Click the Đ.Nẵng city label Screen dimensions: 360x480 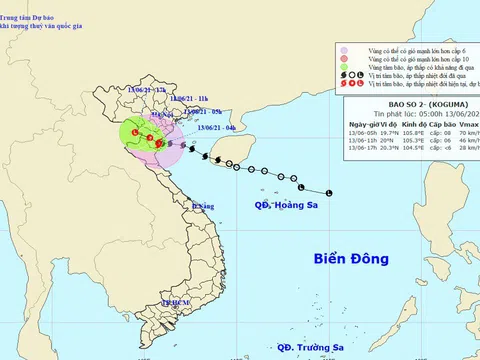pos(203,206)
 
